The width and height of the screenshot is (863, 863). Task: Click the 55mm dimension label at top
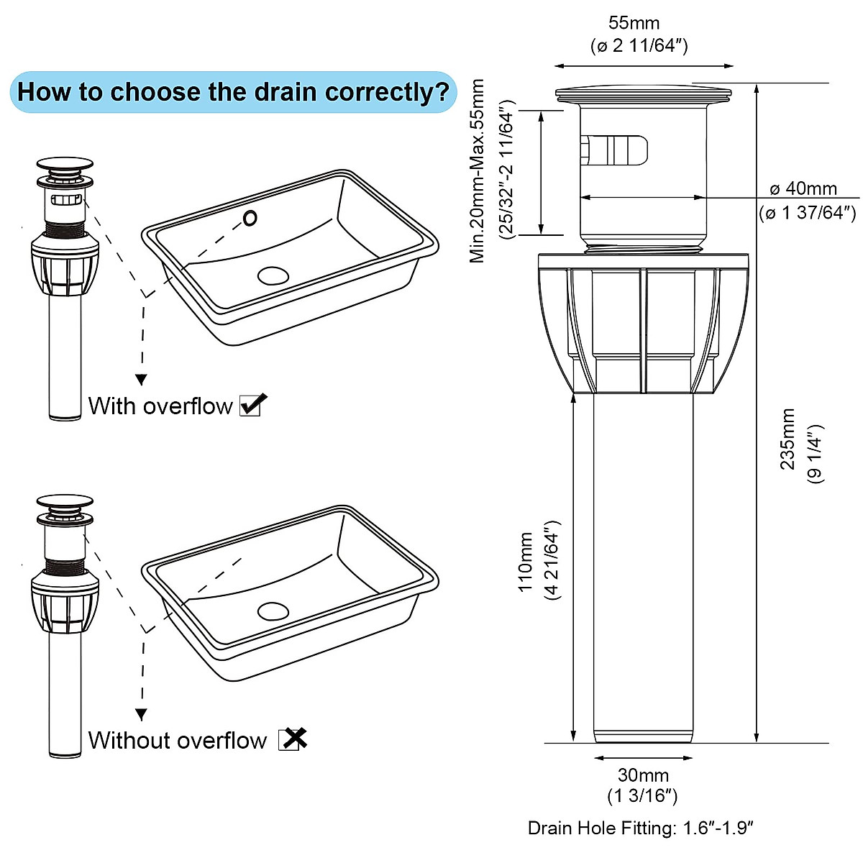click(x=634, y=24)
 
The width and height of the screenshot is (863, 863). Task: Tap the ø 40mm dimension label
click(x=803, y=189)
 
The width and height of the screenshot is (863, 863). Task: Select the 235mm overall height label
click(x=788, y=439)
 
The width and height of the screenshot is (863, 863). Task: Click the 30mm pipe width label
click(x=642, y=775)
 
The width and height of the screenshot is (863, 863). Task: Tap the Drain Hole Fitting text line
click(x=640, y=828)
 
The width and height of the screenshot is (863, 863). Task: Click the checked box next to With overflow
click(x=252, y=405)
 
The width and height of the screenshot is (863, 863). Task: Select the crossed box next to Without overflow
click(x=292, y=739)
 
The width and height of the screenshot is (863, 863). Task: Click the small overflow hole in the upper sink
click(x=250, y=218)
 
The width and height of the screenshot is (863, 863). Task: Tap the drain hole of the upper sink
click(x=273, y=275)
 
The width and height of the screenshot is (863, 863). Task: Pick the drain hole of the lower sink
click(x=273, y=611)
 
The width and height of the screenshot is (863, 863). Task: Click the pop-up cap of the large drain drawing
click(x=644, y=94)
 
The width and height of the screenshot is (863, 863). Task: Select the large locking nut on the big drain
click(x=644, y=324)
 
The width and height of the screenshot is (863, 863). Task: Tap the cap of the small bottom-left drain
click(x=65, y=502)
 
